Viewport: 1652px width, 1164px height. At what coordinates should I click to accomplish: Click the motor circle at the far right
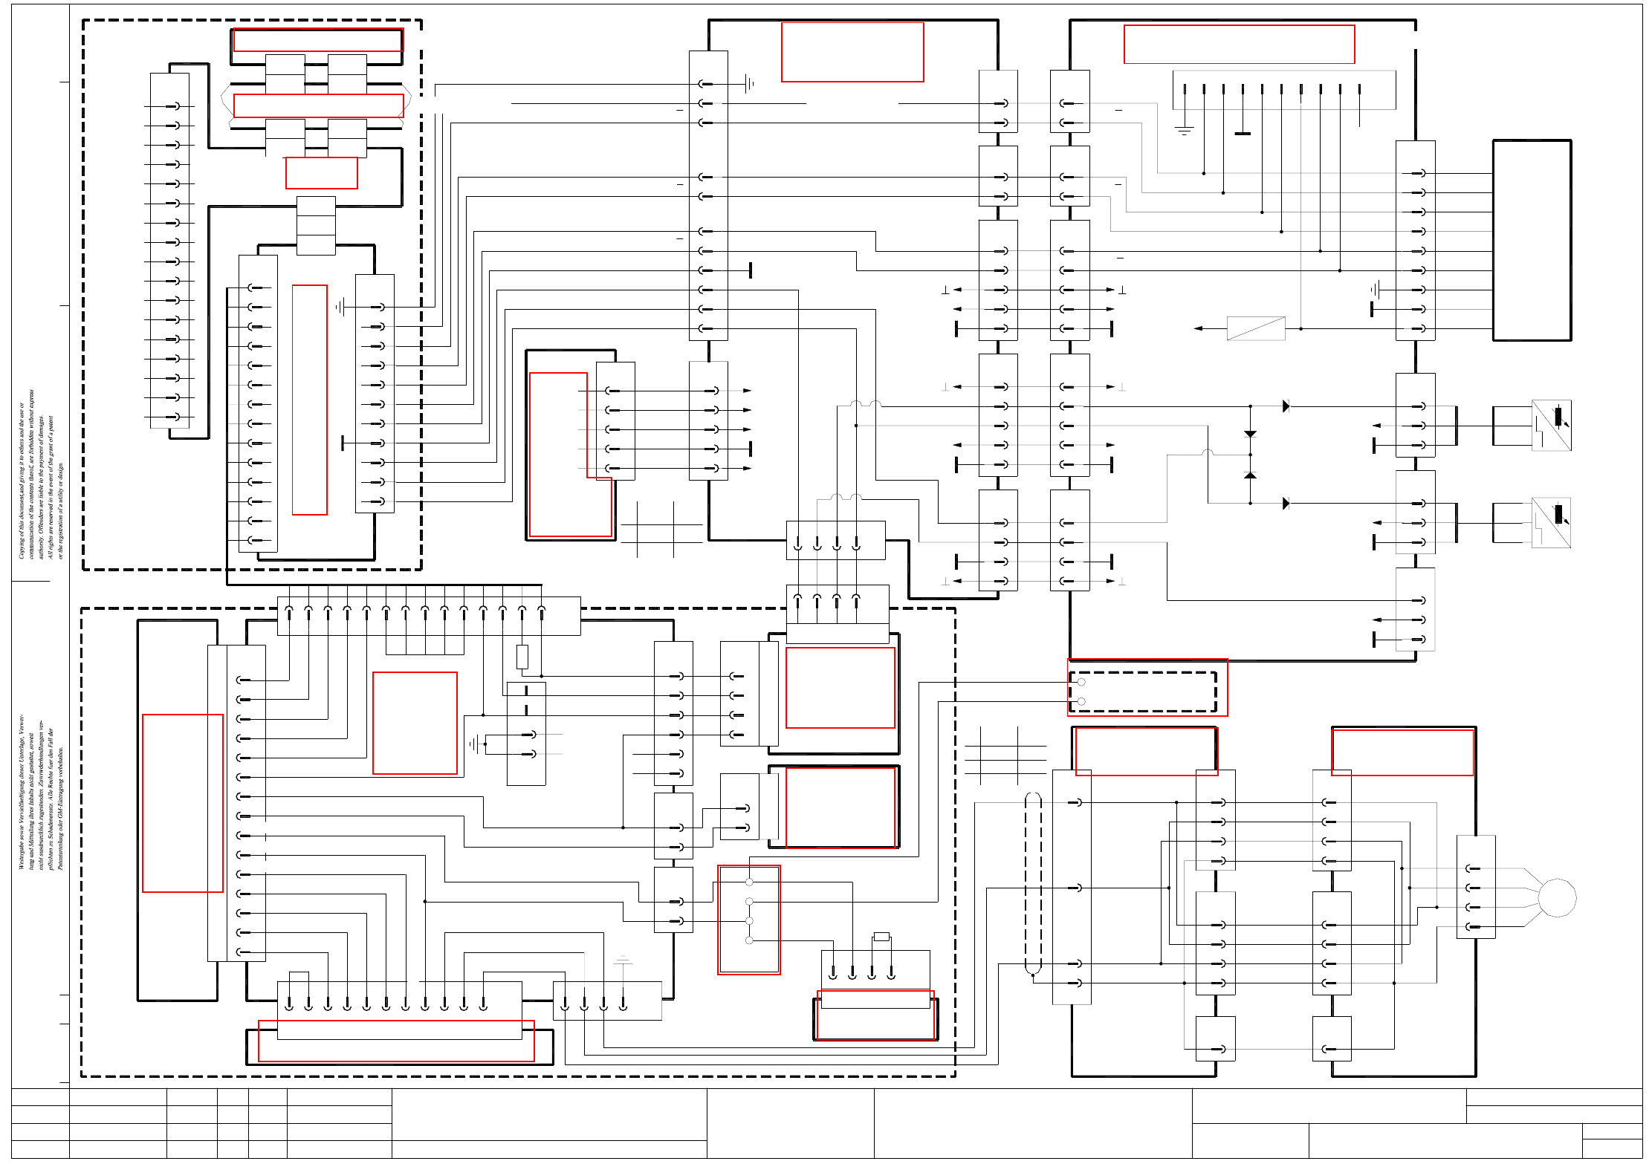click(x=1557, y=897)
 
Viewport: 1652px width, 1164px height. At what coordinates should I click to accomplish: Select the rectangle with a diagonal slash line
click(x=1256, y=328)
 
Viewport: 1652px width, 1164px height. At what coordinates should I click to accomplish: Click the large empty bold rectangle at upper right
click(x=1532, y=240)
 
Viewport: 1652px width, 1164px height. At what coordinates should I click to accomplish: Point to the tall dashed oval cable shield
click(x=1033, y=882)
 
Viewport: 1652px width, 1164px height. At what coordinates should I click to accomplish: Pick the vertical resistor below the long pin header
click(x=522, y=657)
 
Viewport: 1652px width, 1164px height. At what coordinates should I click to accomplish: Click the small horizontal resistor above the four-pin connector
click(x=881, y=937)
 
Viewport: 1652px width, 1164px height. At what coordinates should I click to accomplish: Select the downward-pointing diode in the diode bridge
click(x=1251, y=434)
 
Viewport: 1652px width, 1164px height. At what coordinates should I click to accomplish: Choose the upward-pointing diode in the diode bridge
click(x=1251, y=475)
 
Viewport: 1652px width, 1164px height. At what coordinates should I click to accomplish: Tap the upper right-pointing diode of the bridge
click(x=1286, y=406)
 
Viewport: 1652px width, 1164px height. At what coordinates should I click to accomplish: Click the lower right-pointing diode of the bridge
click(x=1286, y=504)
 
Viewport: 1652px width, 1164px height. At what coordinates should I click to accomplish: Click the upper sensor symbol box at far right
click(x=1551, y=426)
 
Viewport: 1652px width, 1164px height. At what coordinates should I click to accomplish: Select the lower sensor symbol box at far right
click(x=1551, y=523)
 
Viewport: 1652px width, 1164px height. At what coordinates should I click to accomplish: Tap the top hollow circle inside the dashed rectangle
click(x=1081, y=682)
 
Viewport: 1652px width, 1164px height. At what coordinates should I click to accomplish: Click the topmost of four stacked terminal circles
click(x=749, y=882)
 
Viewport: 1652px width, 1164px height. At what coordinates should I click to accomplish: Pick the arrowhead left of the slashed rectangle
click(x=1198, y=328)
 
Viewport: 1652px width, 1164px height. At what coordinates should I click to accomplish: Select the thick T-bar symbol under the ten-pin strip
click(x=1243, y=134)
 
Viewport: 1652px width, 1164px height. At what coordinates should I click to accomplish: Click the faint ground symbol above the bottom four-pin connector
click(x=623, y=960)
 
